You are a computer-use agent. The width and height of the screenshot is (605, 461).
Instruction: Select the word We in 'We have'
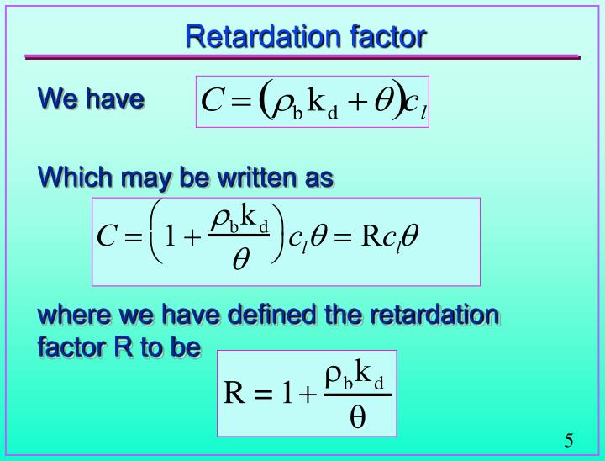(57, 99)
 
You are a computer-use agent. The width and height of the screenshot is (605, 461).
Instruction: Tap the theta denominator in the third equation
(357, 418)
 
